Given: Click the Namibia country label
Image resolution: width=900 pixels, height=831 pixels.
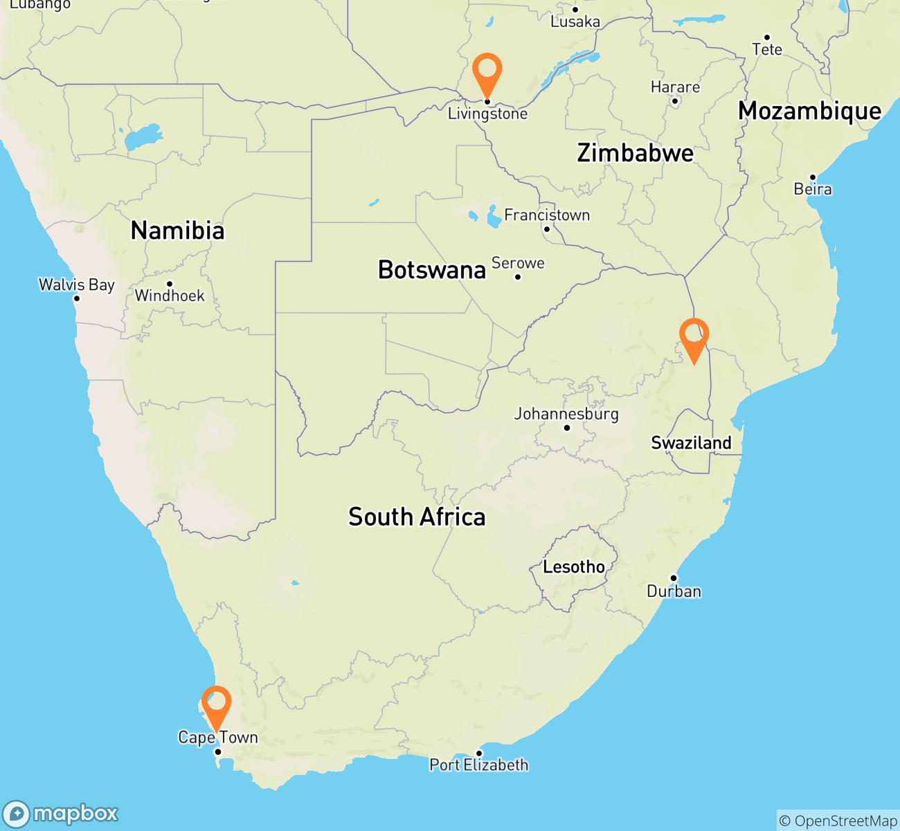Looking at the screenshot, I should (x=178, y=231).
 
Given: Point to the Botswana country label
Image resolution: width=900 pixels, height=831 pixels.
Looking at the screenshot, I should (x=432, y=269).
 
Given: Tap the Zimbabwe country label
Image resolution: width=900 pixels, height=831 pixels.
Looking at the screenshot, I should (x=635, y=153).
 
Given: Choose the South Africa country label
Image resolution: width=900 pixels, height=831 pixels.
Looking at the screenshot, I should (x=417, y=517).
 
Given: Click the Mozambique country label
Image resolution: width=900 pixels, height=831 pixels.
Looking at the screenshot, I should (x=809, y=111).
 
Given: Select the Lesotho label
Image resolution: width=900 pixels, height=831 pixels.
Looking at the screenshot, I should (x=574, y=567).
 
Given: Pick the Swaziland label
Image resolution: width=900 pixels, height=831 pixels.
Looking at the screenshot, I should (x=691, y=443).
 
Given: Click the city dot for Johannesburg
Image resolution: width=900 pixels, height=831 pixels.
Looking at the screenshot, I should (x=567, y=428).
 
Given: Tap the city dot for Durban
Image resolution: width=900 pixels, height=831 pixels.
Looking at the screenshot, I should (x=673, y=578).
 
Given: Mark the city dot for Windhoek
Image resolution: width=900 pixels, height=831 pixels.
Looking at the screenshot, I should (x=170, y=284).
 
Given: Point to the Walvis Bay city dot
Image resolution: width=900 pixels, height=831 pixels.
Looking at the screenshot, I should (x=77, y=298).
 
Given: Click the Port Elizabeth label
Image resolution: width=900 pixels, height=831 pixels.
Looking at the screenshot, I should (x=479, y=765).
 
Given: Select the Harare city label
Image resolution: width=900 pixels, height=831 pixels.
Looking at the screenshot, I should (x=675, y=87).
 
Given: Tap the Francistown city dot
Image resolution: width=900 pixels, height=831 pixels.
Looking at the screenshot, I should (x=546, y=229).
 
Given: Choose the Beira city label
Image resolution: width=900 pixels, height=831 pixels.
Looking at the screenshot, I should (x=813, y=189).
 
